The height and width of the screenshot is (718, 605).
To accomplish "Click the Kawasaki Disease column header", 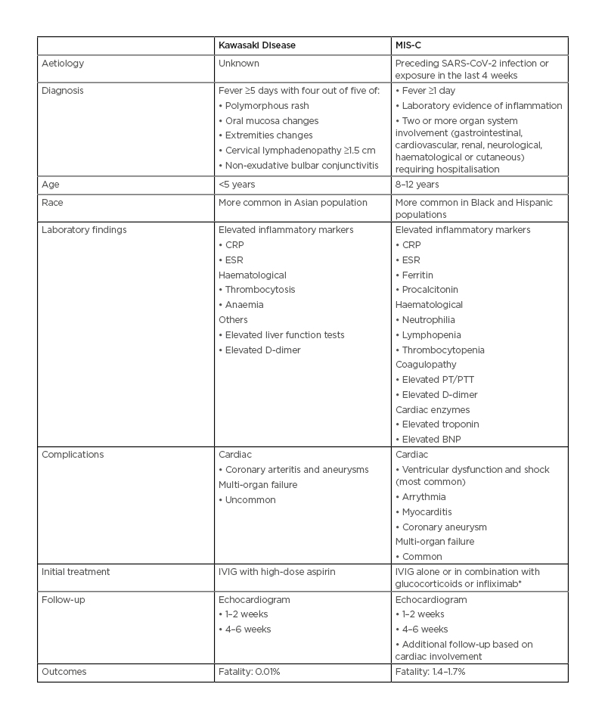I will tap(256, 45).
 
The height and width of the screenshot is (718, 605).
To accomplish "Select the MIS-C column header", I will tap(408, 45).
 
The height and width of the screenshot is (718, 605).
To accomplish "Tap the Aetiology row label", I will tap(63, 64).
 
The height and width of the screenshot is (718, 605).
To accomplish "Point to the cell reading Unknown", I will tap(239, 64).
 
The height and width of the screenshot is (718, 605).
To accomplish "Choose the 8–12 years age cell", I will tap(417, 185).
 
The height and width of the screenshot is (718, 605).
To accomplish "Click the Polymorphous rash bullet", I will tap(267, 106).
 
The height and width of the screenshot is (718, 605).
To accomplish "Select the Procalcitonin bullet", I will tap(430, 290).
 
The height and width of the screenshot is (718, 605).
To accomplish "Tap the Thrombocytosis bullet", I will tap(260, 290).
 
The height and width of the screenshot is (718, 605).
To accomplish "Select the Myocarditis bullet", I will tap(427, 512).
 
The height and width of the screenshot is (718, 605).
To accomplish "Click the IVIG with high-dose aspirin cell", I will tap(277, 572).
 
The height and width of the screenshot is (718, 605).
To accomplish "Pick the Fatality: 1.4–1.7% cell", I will tap(430, 672).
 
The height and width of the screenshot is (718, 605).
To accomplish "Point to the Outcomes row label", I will tap(64, 672).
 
